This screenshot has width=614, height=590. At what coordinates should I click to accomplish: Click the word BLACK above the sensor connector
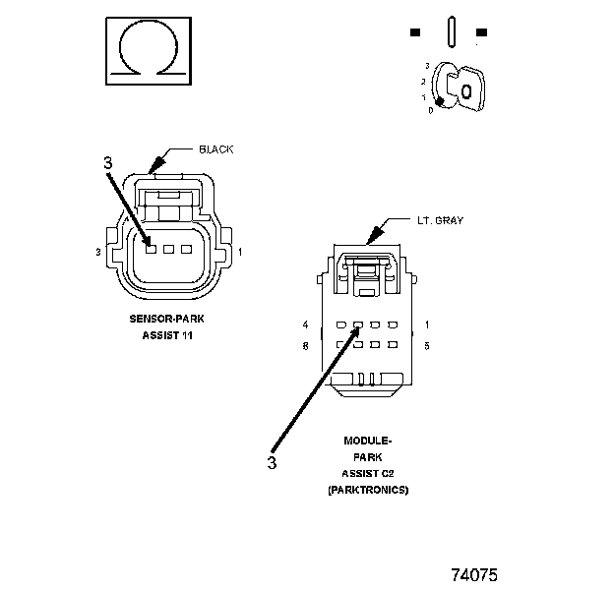[x=216, y=149]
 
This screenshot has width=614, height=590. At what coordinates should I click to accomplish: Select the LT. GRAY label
[x=441, y=220]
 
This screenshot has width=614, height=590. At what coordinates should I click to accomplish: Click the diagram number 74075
[x=475, y=572]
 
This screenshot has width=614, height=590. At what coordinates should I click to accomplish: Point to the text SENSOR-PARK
[x=165, y=319]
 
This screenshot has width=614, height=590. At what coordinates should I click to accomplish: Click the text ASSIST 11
[x=165, y=336]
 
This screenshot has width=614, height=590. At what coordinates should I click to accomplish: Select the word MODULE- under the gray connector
[x=367, y=442]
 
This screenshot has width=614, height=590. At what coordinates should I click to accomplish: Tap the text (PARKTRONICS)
[x=367, y=489]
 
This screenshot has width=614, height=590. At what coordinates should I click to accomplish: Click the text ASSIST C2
[x=367, y=473]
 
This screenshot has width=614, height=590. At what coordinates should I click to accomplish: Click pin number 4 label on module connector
[x=306, y=324]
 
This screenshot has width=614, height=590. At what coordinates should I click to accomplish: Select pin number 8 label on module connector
[x=306, y=345]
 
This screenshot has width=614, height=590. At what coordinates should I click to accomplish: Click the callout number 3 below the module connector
[x=273, y=459]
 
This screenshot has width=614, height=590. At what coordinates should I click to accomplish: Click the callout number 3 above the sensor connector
[x=108, y=163]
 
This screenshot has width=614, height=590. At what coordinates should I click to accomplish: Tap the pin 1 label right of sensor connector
[x=241, y=252]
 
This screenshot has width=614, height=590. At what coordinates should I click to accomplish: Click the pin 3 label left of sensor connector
[x=98, y=252]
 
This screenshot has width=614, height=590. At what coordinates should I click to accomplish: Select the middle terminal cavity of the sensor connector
[x=169, y=249]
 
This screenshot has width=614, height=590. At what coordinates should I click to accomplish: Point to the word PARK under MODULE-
[x=367, y=457]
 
